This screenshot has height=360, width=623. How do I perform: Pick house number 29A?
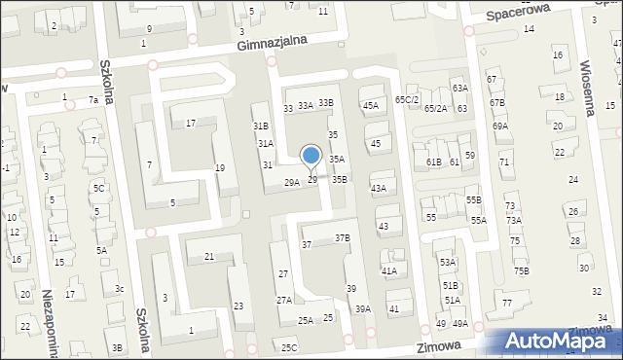click(x=291, y=182)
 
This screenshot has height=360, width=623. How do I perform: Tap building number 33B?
click(x=326, y=103)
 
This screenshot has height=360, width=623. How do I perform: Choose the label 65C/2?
click(x=407, y=100)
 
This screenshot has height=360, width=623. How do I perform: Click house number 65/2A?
click(x=435, y=108)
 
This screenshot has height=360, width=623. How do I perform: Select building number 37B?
click(x=342, y=237)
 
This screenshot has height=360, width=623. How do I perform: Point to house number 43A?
click(x=378, y=189)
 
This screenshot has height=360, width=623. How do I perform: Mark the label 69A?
click(x=500, y=126)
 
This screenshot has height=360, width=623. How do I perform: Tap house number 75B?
click(x=522, y=270)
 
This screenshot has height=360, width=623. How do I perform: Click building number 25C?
click(x=289, y=347)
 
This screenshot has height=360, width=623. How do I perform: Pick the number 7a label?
click(x=93, y=100)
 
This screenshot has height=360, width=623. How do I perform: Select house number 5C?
click(x=98, y=188)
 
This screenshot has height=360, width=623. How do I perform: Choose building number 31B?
click(x=261, y=126)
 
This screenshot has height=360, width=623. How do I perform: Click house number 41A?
click(x=389, y=270)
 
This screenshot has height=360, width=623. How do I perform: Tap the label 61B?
click(x=434, y=162)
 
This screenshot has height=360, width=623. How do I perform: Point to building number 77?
click(x=507, y=304)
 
